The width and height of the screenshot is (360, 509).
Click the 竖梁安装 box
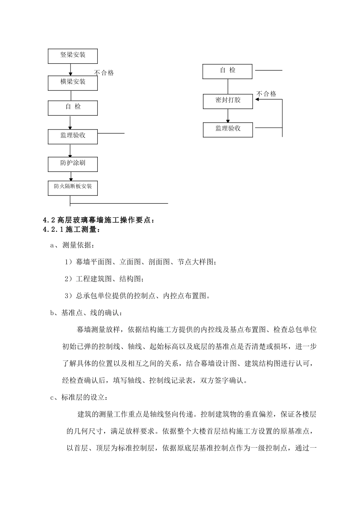72,56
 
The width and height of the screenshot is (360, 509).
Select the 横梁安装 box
72,83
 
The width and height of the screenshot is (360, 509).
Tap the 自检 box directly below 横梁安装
72,108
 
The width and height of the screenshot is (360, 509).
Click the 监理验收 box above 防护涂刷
72,136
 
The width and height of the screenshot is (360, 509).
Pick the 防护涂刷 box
72,164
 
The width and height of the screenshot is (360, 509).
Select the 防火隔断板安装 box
72,188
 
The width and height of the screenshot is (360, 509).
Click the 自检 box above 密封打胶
227,71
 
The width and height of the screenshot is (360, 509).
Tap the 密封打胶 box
228,101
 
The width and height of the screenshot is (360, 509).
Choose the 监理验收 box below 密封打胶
228,129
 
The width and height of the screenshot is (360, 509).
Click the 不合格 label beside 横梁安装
104,73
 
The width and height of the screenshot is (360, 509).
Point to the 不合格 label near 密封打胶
266,94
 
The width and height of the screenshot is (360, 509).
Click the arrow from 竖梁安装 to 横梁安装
70,70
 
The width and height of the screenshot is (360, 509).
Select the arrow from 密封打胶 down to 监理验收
228,116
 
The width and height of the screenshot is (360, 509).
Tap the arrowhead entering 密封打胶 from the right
257,100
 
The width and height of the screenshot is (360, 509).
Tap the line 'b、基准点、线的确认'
86,313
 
